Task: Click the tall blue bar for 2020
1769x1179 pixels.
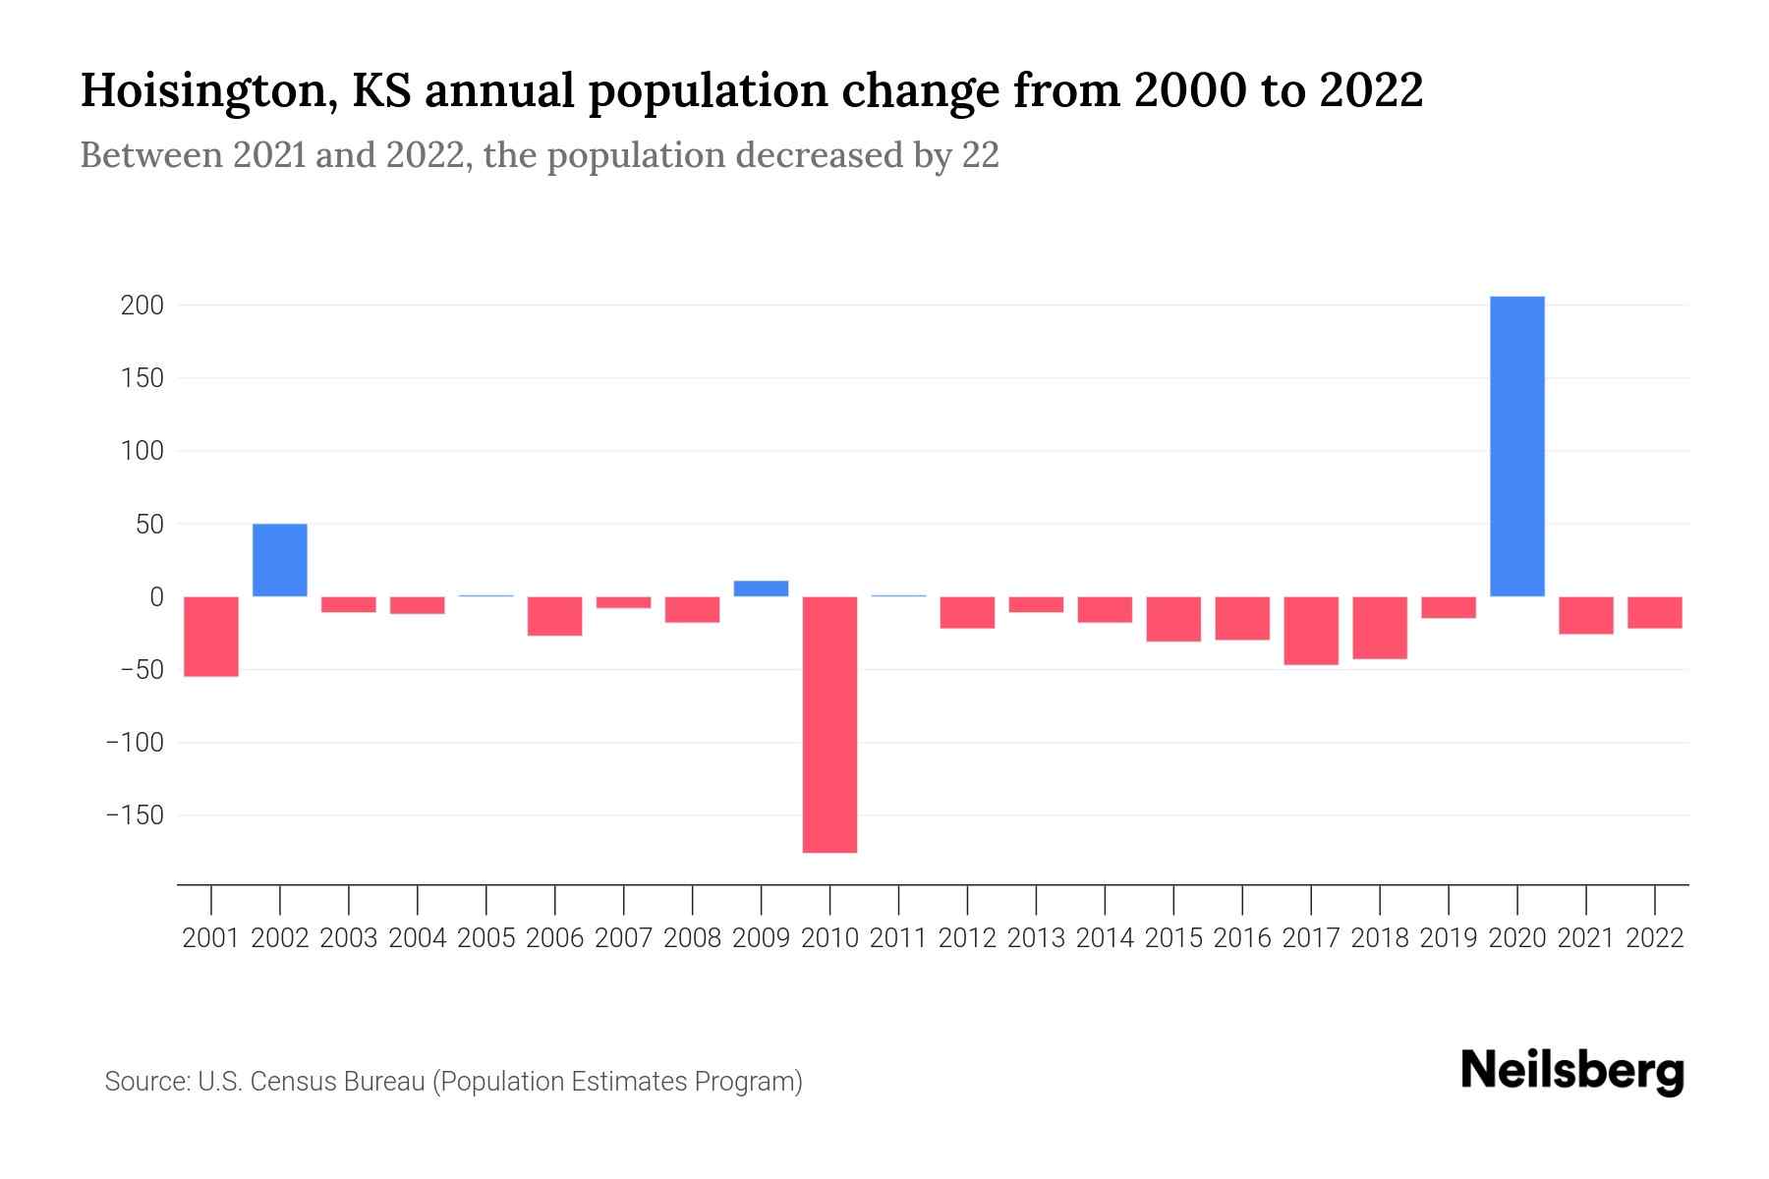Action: pos(1516,446)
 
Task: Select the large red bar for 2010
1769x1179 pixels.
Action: pos(829,724)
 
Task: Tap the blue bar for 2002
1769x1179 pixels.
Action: pos(280,560)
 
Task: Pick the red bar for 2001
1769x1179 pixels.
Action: pos(211,636)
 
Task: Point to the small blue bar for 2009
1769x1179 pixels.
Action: pos(761,589)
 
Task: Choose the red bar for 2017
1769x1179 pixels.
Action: pos(1311,630)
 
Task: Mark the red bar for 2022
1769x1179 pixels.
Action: pos(1655,612)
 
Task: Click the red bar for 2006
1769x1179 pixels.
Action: pos(555,616)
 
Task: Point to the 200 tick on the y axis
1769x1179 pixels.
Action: pos(142,306)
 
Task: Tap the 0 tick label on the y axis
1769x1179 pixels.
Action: pos(156,596)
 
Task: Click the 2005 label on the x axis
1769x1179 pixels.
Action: pos(486,938)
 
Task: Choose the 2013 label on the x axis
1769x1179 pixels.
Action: pos(1036,938)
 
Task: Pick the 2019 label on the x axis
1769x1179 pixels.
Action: pos(1449,938)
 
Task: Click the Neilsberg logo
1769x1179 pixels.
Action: pos(1572,1072)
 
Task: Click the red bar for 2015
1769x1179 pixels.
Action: pos(1173,619)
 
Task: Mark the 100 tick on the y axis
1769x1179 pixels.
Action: pos(142,451)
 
